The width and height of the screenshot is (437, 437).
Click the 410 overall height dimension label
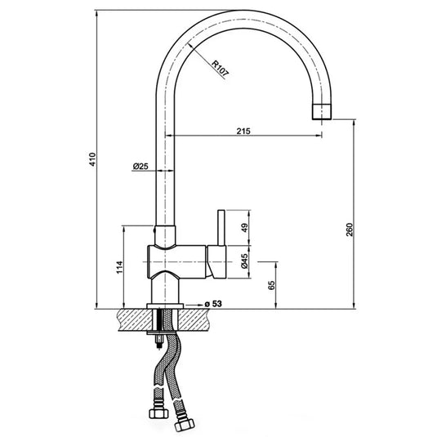(x=92, y=159)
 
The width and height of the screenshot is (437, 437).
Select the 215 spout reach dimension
(x=243, y=131)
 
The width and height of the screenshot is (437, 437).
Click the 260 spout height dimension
(x=350, y=230)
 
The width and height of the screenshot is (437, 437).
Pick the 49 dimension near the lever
(x=243, y=228)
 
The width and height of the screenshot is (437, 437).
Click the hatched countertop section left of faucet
(x=131, y=319)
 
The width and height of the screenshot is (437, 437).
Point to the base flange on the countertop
(x=166, y=305)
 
